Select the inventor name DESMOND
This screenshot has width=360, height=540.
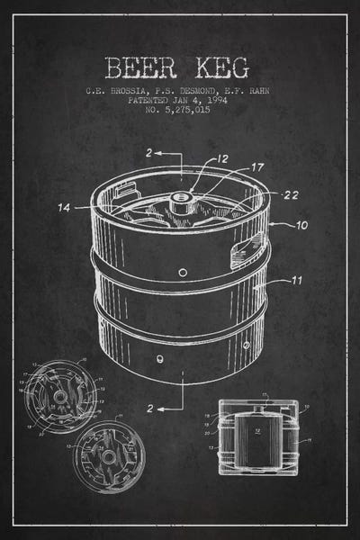point(196,90)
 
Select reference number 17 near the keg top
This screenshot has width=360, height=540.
point(257,166)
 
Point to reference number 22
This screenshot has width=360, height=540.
point(291,194)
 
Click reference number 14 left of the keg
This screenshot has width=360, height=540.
point(64,208)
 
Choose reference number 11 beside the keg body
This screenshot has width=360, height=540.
point(297,281)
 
